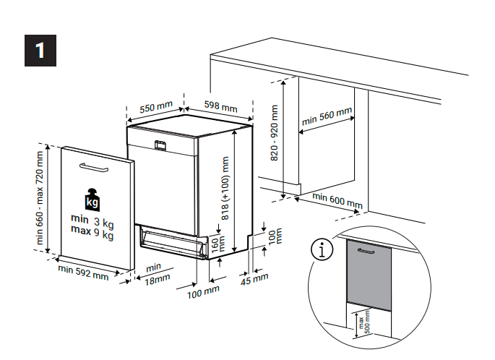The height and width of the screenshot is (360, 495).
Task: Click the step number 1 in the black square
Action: [40, 50]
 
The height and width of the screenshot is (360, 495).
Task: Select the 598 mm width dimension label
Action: [220, 106]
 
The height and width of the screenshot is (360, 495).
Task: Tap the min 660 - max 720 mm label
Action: [40, 197]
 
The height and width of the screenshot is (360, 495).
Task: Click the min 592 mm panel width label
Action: [84, 272]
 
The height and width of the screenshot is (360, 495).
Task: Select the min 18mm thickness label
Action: [155, 273]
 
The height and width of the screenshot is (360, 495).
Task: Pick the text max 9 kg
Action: [92, 233]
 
